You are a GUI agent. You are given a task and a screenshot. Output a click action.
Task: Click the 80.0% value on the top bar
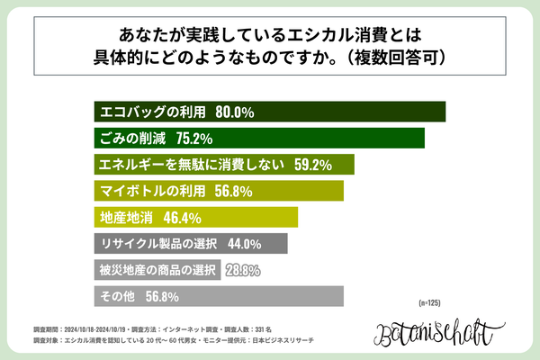236,112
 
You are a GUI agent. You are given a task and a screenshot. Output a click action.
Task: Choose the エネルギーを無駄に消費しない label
191,165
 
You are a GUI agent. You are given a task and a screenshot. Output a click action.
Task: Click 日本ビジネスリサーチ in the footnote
295,344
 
